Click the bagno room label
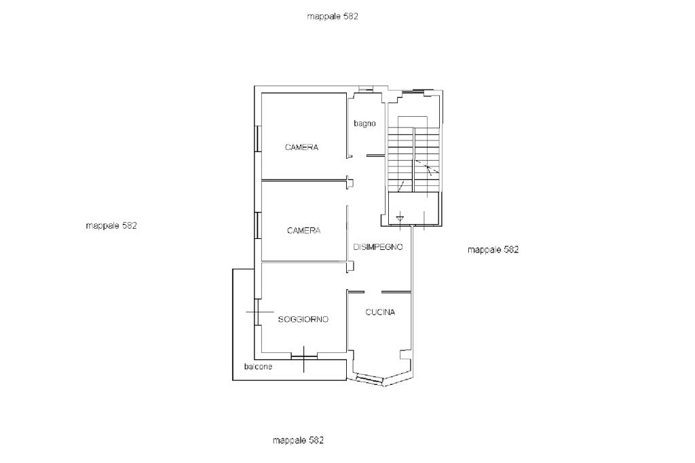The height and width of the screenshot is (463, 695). (x=364, y=124)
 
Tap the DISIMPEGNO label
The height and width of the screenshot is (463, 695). (x=378, y=247)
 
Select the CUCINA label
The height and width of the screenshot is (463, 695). (x=380, y=312)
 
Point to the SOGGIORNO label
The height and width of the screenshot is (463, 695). (x=303, y=319)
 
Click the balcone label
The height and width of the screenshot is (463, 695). (x=258, y=367)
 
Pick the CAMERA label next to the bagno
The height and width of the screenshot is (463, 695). (x=301, y=147)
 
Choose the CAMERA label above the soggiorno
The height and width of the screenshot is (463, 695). (x=303, y=231)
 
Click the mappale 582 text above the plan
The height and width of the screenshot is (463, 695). (x=333, y=16)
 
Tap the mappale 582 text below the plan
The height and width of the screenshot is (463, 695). (x=298, y=441)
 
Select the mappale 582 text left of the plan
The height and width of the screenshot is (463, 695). (x=111, y=226)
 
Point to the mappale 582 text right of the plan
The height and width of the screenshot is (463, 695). (x=493, y=250)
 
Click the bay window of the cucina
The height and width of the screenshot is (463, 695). (x=369, y=379)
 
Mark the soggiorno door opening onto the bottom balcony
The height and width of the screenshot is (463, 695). (x=304, y=356)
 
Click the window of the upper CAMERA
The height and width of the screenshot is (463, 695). (x=257, y=139)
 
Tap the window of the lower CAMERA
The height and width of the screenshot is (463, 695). (x=257, y=226)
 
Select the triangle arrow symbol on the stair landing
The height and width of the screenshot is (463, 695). (x=400, y=217)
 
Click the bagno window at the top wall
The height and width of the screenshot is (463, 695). (x=365, y=90)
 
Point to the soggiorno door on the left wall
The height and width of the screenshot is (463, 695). (x=257, y=312)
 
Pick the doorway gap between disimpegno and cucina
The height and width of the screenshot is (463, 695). (x=373, y=292)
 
